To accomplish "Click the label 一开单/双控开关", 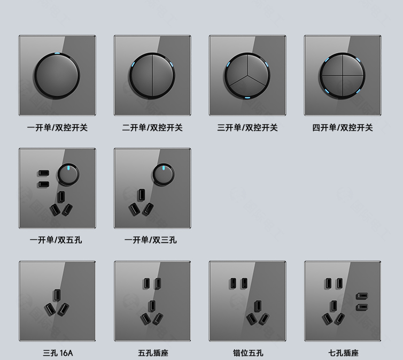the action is pyautogui.click(x=57, y=127).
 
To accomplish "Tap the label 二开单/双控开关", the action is pyautogui.click(x=152, y=127).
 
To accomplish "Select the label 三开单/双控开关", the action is pyautogui.click(x=247, y=127).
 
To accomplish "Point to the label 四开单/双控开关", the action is pyautogui.click(x=343, y=127).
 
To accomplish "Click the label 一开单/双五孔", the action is pyautogui.click(x=56, y=240).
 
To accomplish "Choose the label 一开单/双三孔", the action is pyautogui.click(x=151, y=240).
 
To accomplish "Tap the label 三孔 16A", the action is pyautogui.click(x=58, y=353).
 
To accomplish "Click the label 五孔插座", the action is pyautogui.click(x=153, y=353).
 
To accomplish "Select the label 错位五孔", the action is pyautogui.click(x=248, y=353).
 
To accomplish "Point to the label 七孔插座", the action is pyautogui.click(x=343, y=353).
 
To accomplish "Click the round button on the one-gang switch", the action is pyautogui.click(x=57, y=75).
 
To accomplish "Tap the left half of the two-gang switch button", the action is pyautogui.click(x=141, y=75).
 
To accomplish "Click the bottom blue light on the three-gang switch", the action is pyautogui.click(x=247, y=97).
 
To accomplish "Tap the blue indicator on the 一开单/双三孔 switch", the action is pyautogui.click(x=164, y=168).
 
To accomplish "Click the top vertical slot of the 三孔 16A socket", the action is pyautogui.click(x=57, y=295).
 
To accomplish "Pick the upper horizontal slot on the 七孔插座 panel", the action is pyautogui.click(x=362, y=296).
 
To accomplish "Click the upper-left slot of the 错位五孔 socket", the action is pyautogui.click(x=233, y=283).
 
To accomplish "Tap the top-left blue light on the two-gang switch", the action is pyautogui.click(x=133, y=64).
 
